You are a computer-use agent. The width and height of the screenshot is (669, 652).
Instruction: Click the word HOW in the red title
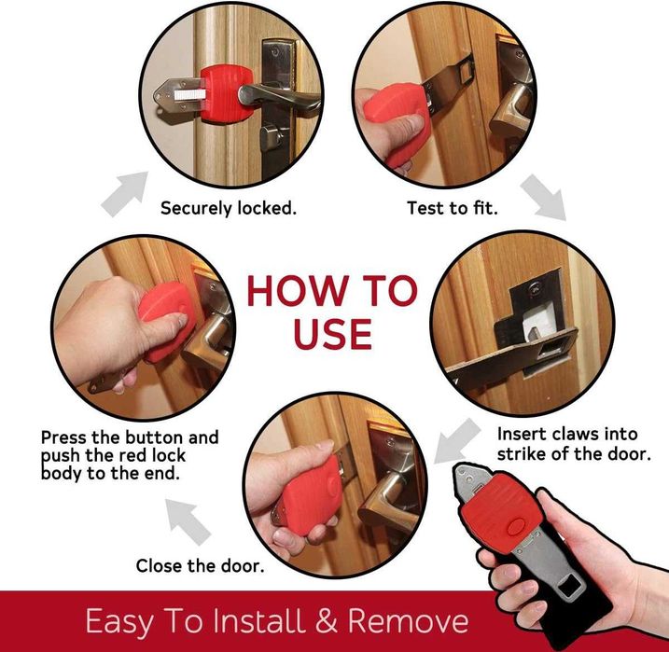point(298,291)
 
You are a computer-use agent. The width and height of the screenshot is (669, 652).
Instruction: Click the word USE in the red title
point(333,334)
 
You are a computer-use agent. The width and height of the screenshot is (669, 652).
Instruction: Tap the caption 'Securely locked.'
point(229,208)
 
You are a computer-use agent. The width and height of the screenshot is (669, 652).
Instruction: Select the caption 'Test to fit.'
point(453,208)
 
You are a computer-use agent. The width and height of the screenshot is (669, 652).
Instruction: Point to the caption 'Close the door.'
point(200,566)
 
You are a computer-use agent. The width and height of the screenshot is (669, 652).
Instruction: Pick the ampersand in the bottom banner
point(327,620)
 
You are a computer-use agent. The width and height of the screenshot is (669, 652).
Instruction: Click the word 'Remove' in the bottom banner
point(409,620)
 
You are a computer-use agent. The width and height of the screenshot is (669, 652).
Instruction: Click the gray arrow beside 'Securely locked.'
point(125,194)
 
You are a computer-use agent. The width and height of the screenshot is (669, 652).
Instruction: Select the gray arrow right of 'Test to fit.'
point(543,198)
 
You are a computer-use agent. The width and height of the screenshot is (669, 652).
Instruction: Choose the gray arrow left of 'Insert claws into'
point(457,441)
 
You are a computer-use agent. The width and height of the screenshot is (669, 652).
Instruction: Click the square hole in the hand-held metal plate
point(569,588)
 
